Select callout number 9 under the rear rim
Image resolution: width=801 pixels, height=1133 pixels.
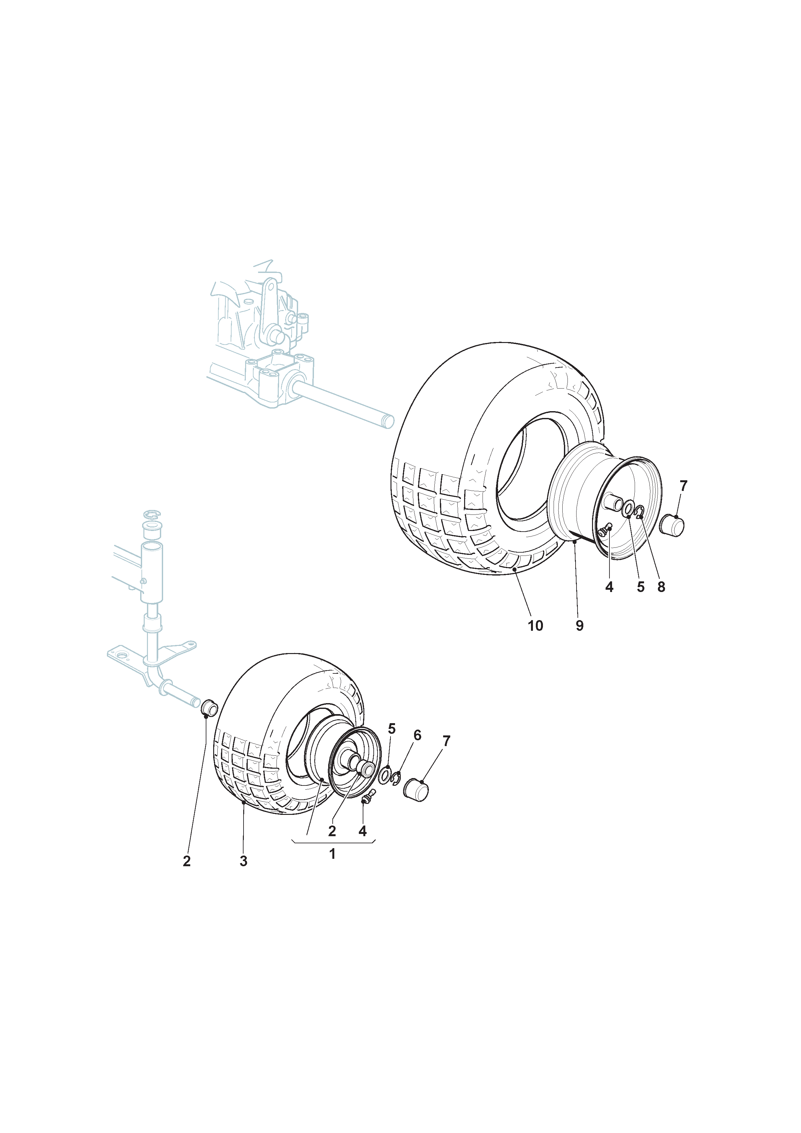579,626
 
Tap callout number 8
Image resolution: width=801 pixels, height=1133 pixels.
661,587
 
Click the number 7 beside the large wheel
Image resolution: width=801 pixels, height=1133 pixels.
683,486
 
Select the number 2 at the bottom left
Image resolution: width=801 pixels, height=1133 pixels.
187,861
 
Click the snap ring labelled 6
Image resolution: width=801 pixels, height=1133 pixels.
396,779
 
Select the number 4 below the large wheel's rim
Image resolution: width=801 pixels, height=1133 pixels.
609,587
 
